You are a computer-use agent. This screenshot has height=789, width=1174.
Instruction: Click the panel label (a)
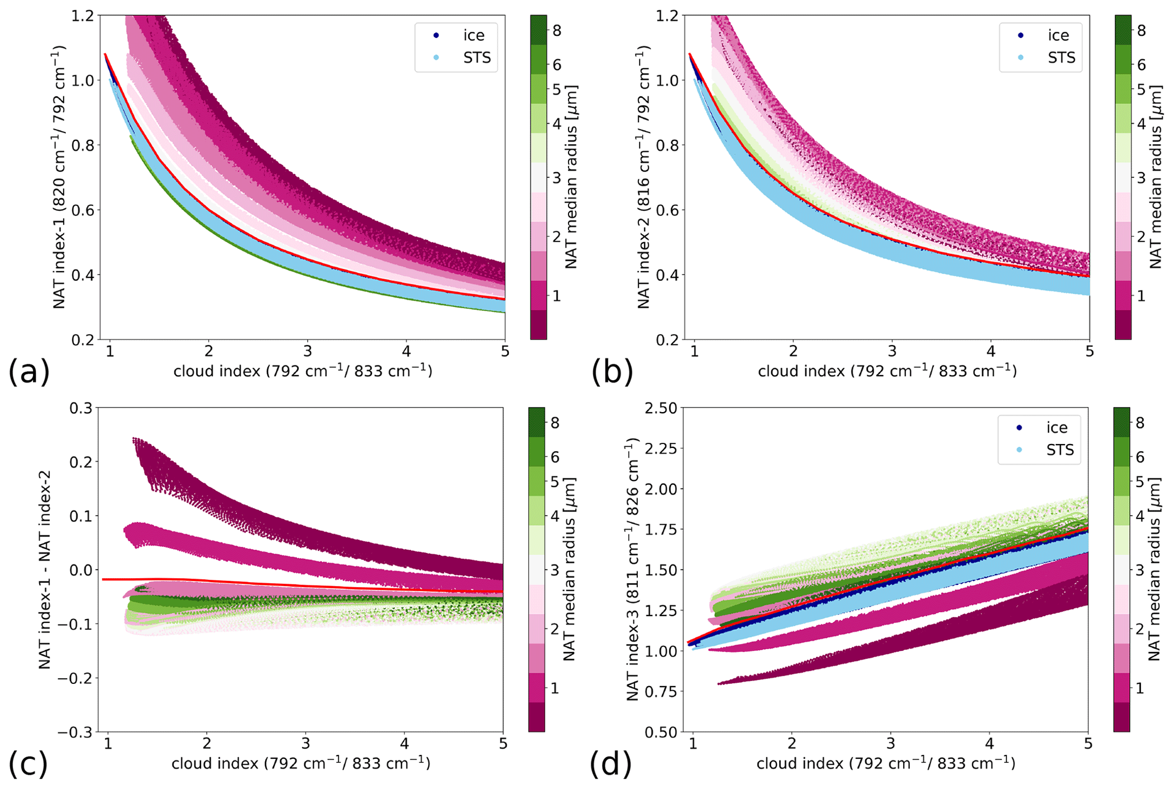(x=28, y=372)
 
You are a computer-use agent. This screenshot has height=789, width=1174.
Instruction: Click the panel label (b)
(x=612, y=372)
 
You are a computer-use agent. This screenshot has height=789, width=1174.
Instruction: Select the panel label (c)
(x=27, y=764)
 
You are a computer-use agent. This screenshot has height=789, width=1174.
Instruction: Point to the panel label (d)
(x=611, y=764)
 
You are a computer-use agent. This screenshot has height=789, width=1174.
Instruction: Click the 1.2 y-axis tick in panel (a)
(x=82, y=16)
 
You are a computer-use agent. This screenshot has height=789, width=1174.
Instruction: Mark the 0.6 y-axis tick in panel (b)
(x=667, y=210)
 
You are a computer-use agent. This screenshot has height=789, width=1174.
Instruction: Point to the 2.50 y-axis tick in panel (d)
(x=661, y=408)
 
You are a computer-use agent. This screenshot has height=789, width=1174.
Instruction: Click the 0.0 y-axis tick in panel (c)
(x=80, y=570)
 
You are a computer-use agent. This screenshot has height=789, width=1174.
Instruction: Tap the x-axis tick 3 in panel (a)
(x=307, y=351)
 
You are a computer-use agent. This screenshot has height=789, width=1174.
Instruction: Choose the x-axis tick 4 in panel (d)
(x=989, y=744)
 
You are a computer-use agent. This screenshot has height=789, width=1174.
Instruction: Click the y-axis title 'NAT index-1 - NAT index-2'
(x=45, y=570)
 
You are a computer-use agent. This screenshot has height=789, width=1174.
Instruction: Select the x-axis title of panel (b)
(x=887, y=371)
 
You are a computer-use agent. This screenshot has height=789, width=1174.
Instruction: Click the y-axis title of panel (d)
(x=634, y=570)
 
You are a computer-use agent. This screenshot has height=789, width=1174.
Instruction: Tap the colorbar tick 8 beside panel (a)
(x=557, y=31)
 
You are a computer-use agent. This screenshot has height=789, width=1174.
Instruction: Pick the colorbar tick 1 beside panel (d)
(x=1139, y=688)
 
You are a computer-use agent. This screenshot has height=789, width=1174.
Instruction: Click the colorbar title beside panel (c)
(x=570, y=570)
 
